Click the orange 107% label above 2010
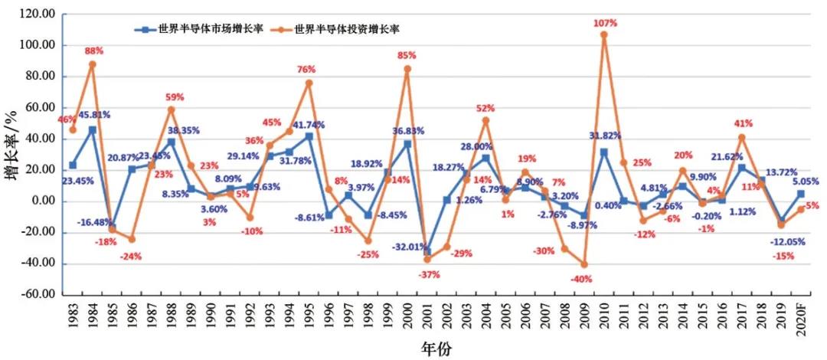coord(605,24)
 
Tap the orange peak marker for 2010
coord(605,34)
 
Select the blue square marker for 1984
coord(93,130)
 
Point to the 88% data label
coord(94,51)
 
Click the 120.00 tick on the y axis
coord(39,15)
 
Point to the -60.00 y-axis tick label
coord(38,295)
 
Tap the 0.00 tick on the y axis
coord(42,201)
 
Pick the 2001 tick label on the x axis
coord(427,316)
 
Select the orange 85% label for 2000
coord(407,55)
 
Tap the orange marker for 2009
coord(585,264)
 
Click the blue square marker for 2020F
coord(801,194)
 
